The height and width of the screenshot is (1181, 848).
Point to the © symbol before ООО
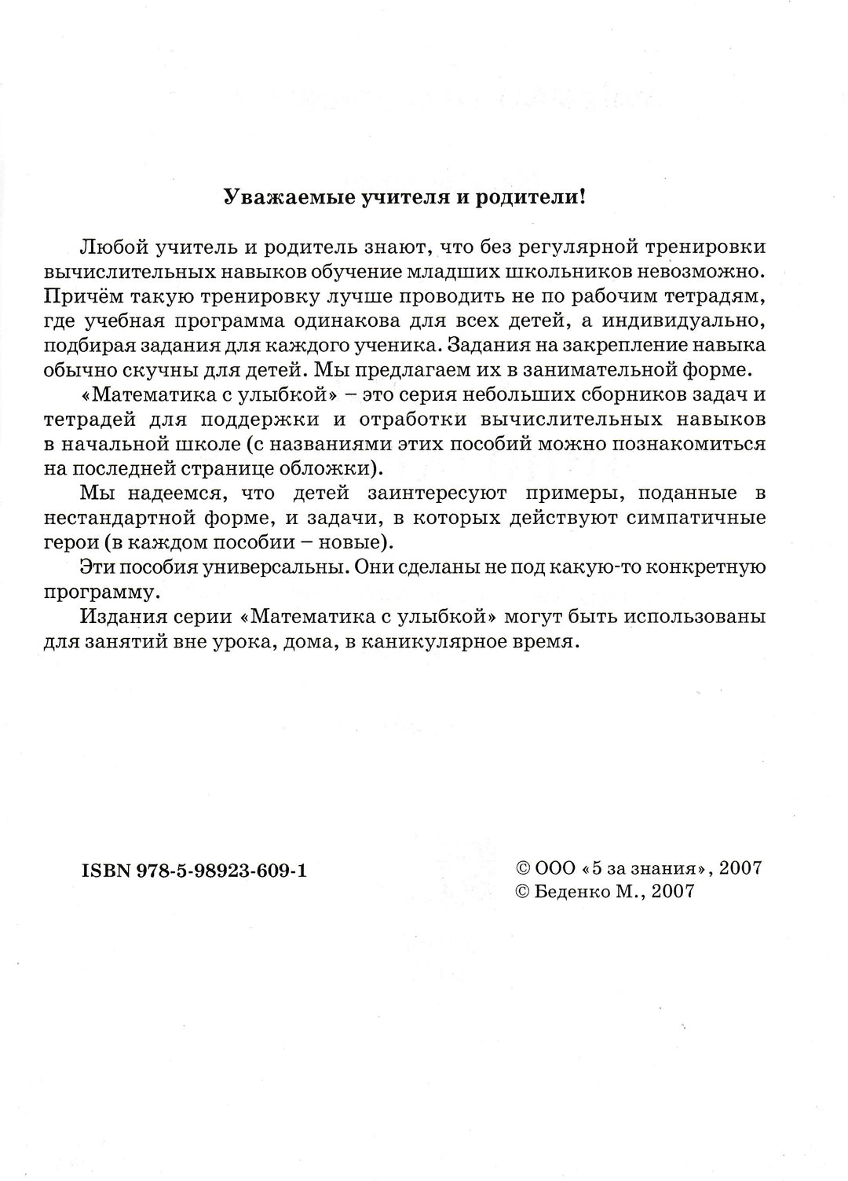(522, 868)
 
